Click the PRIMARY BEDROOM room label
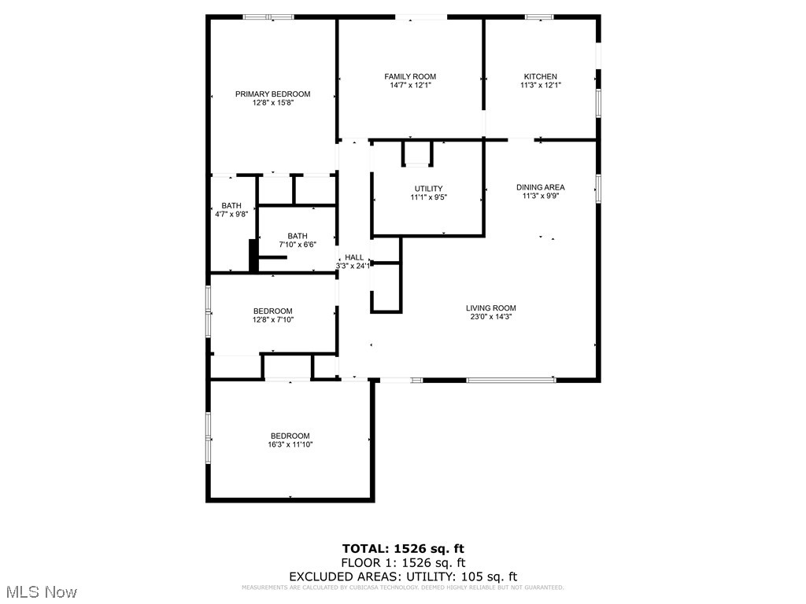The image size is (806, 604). pos(272,94)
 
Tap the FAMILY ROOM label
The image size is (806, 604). pos(410,76)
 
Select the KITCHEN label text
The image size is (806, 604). pos(541,76)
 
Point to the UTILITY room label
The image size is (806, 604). pos(428,188)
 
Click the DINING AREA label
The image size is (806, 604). pos(541,187)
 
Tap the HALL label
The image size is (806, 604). pos(354,257)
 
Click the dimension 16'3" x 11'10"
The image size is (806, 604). pos(290,445)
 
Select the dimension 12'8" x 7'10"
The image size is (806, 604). pos(272,320)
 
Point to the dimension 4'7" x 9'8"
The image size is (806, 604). pos(231,214)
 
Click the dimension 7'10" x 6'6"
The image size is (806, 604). pos(298,245)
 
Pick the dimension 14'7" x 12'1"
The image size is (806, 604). pos(410,85)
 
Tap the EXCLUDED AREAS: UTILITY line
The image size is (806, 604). pos(403,576)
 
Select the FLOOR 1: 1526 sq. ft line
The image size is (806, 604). pos(403,562)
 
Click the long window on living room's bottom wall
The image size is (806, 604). pos(511,380)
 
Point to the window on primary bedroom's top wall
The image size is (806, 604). pos(268,17)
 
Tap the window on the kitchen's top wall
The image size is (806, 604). pos(539,17)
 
